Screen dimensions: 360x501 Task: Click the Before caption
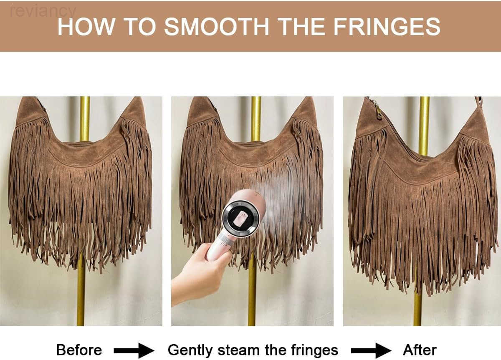pos(79,350)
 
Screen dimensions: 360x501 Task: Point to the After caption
pos(420,350)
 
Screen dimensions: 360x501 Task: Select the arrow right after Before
pos(134,350)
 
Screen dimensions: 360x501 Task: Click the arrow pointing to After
pos(371,350)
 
